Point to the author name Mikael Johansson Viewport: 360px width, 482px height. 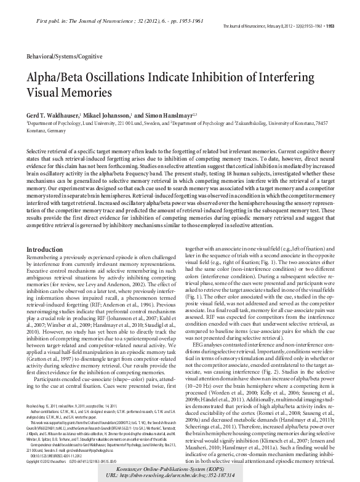110,115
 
